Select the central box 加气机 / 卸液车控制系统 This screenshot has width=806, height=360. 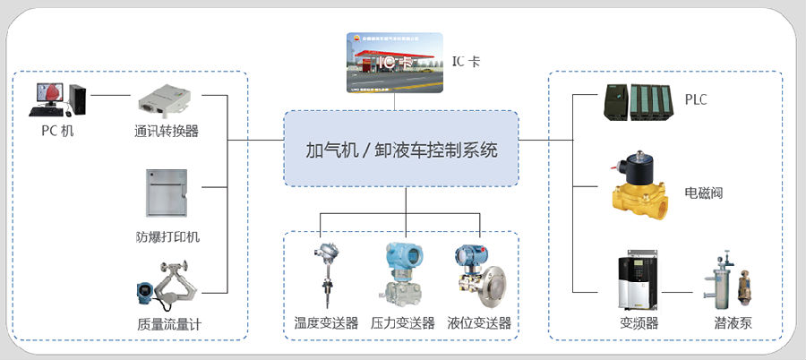(402, 149)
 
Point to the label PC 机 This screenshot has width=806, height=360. (58, 131)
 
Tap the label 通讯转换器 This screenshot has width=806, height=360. (166, 131)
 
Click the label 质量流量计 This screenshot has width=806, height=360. (168, 323)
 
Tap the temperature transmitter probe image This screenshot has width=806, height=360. (324, 273)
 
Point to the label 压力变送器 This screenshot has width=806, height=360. (403, 322)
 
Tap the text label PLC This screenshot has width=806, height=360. (696, 99)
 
